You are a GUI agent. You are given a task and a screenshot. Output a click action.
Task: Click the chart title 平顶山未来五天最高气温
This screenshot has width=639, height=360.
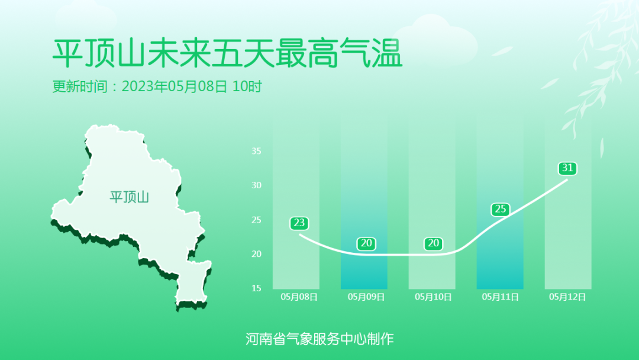coord(227,53)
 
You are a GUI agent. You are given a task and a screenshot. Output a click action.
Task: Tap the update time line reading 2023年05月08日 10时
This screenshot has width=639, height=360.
coord(157,86)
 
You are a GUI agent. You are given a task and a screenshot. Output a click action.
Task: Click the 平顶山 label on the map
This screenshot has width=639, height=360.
coord(129,197)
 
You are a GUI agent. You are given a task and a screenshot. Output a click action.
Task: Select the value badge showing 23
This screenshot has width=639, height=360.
coord(299,223)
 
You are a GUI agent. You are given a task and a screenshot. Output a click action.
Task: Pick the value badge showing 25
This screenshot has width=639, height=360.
coord(501,209)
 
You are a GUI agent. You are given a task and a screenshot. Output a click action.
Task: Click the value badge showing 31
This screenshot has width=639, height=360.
coord(567,168)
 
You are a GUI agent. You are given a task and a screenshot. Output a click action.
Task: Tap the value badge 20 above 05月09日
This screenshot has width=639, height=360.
coord(366,243)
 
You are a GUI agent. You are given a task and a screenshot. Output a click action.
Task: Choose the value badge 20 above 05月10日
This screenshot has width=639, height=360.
coord(433,243)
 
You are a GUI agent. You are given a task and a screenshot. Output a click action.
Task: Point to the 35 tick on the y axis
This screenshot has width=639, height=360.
coord(256,151)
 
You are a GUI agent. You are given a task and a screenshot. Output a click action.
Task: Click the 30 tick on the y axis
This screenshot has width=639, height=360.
coord(256,185)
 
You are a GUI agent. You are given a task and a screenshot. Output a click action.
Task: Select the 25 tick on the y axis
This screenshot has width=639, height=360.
coord(256,220)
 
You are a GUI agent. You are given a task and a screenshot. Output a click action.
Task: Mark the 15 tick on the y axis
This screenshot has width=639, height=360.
coord(256,288)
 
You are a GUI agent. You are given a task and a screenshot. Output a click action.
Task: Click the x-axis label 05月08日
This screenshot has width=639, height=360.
coord(299,297)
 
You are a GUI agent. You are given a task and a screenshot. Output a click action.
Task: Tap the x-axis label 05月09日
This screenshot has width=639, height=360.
coord(366,297)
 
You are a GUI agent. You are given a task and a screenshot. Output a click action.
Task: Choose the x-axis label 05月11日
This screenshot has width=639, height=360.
coord(501,297)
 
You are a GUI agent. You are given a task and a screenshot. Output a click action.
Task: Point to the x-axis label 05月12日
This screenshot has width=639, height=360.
coord(567,297)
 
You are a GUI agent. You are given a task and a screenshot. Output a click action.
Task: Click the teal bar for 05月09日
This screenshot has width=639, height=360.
coord(364,204)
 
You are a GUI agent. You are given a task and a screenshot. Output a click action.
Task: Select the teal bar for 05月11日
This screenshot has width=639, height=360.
coord(500,204)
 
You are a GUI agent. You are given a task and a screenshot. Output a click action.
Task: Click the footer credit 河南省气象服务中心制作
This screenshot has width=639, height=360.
coord(319,339)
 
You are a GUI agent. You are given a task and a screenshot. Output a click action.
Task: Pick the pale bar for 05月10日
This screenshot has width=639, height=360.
coord(432,204)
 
